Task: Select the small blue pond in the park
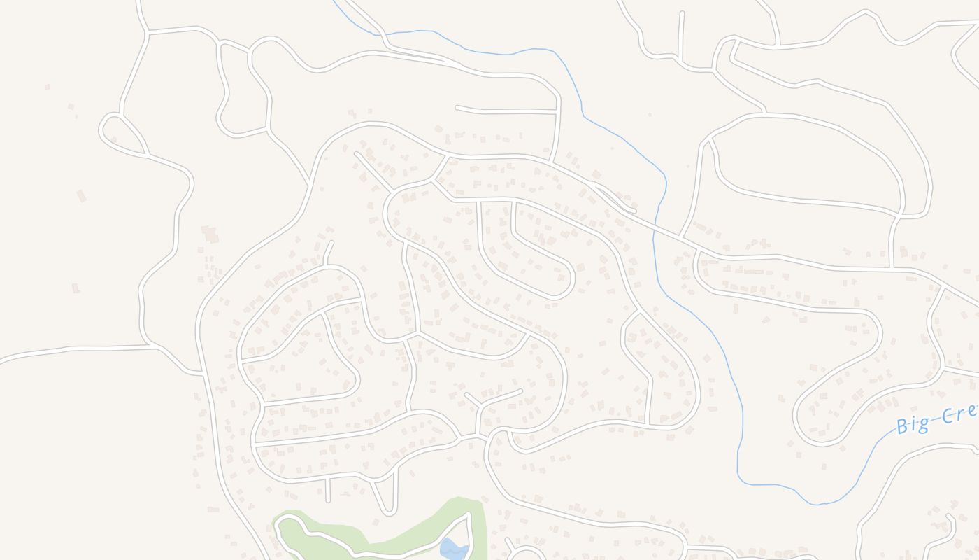coord(453,549)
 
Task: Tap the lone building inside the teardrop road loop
coord(113,139)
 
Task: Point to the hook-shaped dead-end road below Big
coord(948,519)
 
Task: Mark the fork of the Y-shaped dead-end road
coord(479,405)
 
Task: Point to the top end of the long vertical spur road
coord(682,13)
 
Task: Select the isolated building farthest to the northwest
coord(47,87)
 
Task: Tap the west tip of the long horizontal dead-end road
coord(457,107)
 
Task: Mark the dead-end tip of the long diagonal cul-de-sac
coord(357,153)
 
